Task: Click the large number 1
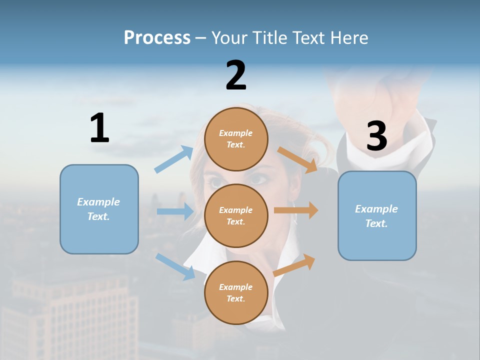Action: (99, 128)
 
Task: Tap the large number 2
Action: (236, 75)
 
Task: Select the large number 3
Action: (376, 136)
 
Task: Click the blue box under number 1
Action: (99, 209)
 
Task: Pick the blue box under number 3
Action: (377, 215)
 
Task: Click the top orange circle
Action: (236, 139)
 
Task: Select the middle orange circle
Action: (236, 215)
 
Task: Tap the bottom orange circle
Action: (236, 292)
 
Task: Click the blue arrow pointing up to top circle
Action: (174, 159)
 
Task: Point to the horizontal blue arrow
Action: (175, 211)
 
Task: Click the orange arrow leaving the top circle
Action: (297, 159)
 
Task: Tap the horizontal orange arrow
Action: (296, 210)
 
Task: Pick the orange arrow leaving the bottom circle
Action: (294, 265)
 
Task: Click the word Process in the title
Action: (157, 37)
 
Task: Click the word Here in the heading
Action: (348, 37)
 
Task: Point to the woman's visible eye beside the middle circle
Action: (258, 178)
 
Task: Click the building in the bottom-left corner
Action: (70, 315)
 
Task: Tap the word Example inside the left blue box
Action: (98, 202)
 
